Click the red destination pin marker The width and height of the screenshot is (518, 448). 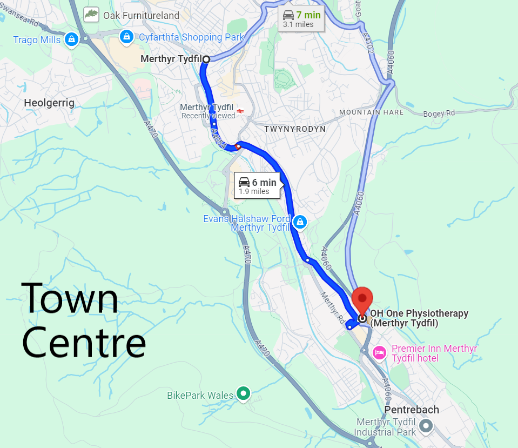[x=362, y=298]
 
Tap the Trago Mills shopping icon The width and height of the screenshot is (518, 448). [x=71, y=39]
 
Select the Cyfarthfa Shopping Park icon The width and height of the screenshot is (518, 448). [x=126, y=37]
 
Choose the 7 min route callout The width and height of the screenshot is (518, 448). [x=301, y=18]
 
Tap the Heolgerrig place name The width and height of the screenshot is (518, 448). [x=49, y=103]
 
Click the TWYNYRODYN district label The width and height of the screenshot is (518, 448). [x=295, y=130]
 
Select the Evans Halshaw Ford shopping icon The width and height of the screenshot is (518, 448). [x=300, y=221]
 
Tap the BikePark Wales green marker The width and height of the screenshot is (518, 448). [x=244, y=393]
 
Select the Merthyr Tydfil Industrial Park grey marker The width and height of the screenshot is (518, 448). [x=426, y=426]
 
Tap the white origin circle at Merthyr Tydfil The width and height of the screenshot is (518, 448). [x=206, y=59]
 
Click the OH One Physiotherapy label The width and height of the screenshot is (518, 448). [x=418, y=318]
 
